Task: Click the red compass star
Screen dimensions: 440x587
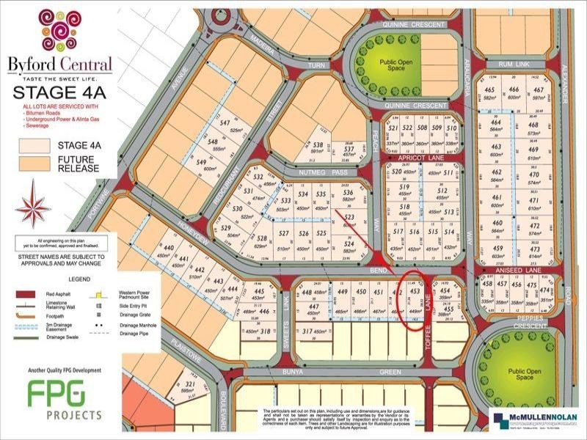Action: [x=33, y=206]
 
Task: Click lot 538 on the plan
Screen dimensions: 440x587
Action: [x=318, y=144]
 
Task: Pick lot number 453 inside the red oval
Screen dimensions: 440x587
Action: [x=415, y=290]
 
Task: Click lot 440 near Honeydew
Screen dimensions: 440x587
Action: [x=169, y=249]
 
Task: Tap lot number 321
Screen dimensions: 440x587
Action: [x=189, y=384]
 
